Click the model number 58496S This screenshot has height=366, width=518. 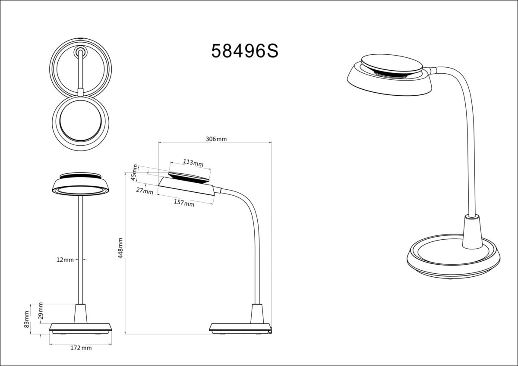click(x=245, y=51)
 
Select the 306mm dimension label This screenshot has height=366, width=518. click(x=216, y=139)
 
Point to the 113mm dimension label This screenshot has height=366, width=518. click(x=193, y=163)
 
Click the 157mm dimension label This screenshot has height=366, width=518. click(x=184, y=203)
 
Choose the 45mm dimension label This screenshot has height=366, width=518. click(x=134, y=172)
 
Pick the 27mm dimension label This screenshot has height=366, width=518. click(x=145, y=191)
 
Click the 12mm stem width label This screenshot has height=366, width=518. click(x=65, y=260)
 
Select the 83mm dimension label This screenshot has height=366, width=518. click(x=27, y=319)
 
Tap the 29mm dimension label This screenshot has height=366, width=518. click(x=41, y=310)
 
